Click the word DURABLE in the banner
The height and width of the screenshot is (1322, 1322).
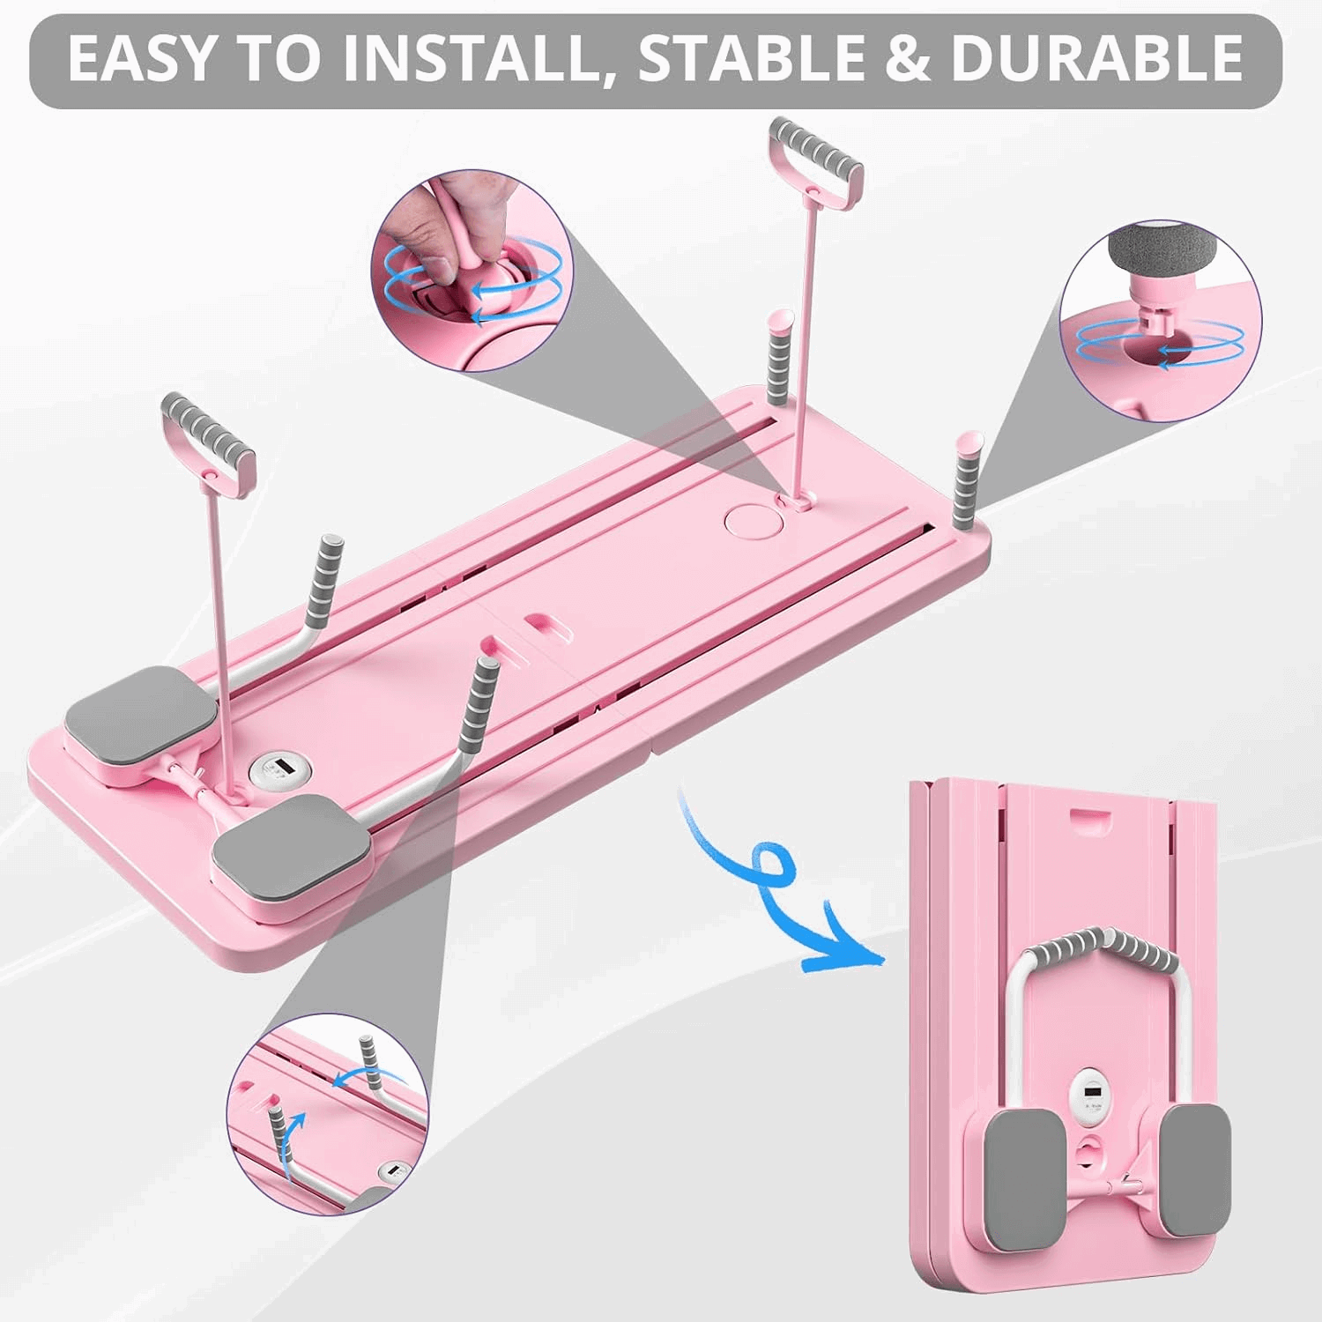[1097, 58]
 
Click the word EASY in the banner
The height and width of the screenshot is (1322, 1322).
[141, 58]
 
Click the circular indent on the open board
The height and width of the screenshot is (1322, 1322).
[748, 519]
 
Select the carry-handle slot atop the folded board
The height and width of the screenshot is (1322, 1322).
[1089, 815]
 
